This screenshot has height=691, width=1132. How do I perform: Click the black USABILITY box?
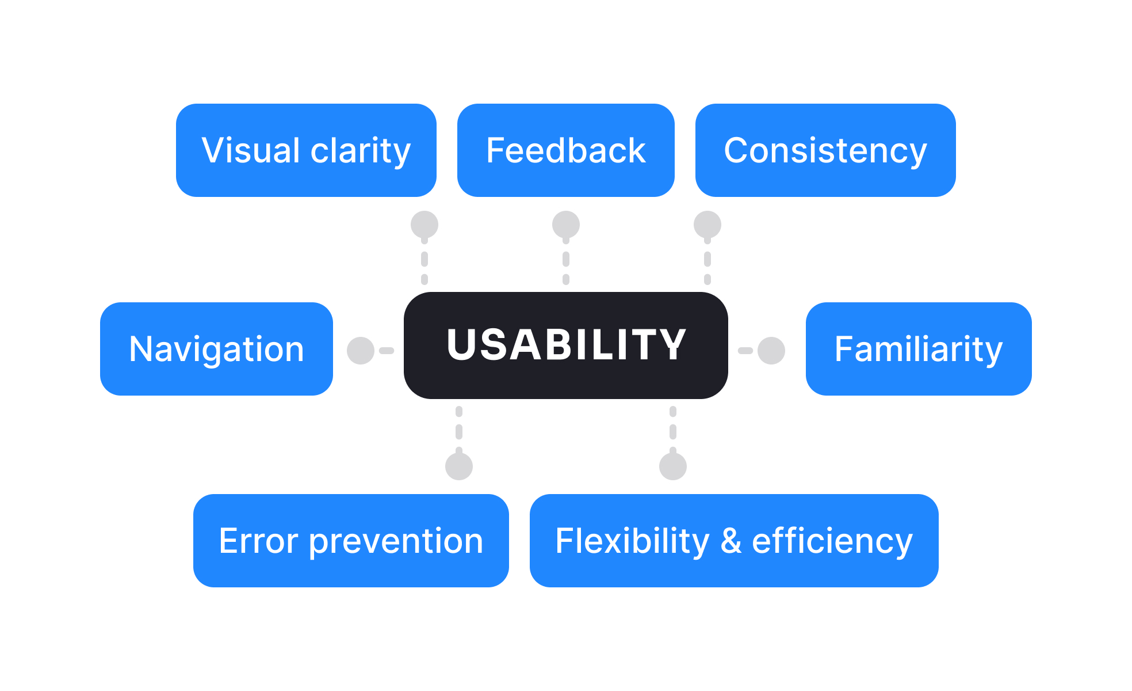click(565, 345)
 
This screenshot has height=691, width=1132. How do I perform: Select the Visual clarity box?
click(306, 150)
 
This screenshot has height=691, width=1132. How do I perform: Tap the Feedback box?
click(565, 150)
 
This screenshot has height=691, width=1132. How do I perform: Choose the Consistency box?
click(825, 150)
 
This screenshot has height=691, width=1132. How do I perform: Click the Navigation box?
click(216, 349)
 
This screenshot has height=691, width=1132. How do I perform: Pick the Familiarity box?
click(918, 349)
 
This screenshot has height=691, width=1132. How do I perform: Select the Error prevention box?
click(351, 541)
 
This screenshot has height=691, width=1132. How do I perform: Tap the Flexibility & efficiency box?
click(733, 541)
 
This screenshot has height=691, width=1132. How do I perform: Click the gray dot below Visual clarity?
click(424, 225)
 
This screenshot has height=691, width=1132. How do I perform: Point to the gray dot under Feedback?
click(566, 225)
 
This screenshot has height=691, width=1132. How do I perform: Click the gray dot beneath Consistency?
click(707, 225)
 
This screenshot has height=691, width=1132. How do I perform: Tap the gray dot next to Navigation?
click(361, 350)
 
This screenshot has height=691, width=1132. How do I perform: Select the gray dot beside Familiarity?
click(771, 350)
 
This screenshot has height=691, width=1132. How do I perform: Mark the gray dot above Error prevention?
click(459, 466)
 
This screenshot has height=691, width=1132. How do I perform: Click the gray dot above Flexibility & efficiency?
click(673, 466)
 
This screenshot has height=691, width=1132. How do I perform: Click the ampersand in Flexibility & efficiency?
click(731, 541)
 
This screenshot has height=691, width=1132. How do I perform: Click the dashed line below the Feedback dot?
click(566, 260)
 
